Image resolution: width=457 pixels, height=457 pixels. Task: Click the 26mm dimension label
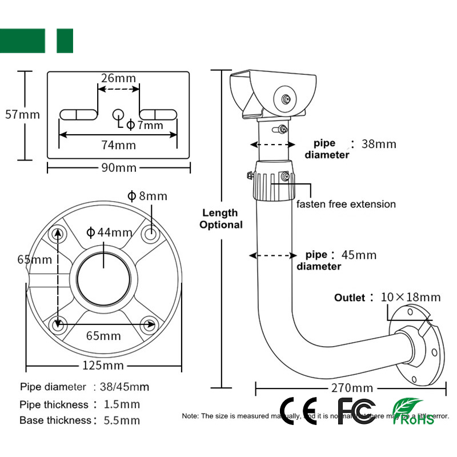[118, 78]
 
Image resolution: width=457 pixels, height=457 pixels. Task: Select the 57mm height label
[22, 114]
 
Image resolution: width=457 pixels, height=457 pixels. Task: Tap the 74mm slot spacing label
[118, 145]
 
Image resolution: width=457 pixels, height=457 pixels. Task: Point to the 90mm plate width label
[119, 168]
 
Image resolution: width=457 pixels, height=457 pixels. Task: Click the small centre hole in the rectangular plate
[118, 114]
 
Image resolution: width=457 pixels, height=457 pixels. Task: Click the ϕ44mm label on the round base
[109, 232]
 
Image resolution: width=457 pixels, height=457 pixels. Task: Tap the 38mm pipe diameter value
[379, 144]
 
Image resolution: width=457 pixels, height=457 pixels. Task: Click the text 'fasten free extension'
[346, 204]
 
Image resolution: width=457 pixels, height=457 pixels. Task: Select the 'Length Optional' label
[221, 219]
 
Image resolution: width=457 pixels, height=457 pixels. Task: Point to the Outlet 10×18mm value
[411, 297]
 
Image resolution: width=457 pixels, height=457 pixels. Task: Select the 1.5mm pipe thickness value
[122, 404]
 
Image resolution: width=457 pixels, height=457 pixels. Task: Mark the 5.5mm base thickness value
[122, 421]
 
